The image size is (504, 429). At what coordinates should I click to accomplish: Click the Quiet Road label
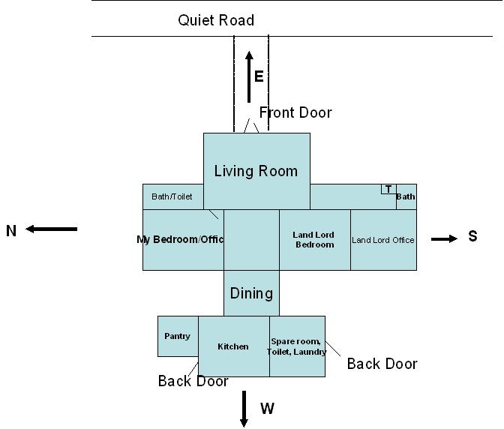[216, 20]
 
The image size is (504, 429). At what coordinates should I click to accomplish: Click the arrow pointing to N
[52, 229]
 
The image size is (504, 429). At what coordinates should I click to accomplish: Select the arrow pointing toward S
[444, 238]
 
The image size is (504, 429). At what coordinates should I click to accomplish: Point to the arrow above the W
[244, 408]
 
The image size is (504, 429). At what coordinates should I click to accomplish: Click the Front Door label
[295, 112]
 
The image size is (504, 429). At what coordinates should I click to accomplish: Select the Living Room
[256, 171]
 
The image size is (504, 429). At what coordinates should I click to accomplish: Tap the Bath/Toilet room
[172, 196]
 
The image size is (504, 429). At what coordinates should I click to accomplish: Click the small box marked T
[388, 189]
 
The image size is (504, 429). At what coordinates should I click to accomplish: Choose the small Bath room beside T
[406, 196]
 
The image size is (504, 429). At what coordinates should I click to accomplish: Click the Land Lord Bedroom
[314, 240]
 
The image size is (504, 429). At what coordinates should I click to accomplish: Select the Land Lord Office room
[383, 240]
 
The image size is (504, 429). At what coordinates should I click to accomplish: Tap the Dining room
[251, 293]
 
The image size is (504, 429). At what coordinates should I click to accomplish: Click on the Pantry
[178, 337]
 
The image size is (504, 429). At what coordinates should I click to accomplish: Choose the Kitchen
[233, 346]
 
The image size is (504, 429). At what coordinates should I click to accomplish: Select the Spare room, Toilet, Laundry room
[297, 346]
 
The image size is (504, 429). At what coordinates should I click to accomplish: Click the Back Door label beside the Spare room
[382, 364]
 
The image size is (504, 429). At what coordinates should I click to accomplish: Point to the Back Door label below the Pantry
[193, 381]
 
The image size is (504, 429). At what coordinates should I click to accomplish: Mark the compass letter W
[267, 409]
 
